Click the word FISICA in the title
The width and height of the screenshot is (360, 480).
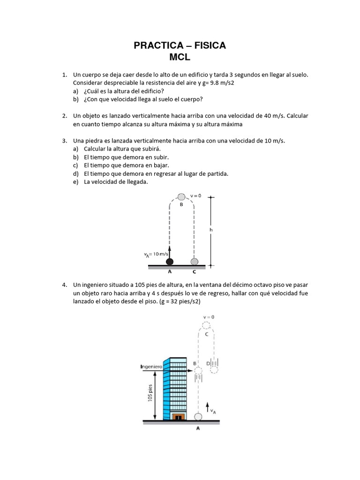(208, 45)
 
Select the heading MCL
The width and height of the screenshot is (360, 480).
(180, 57)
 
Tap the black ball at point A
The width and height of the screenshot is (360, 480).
(170, 261)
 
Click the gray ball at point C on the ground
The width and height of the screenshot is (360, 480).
(194, 261)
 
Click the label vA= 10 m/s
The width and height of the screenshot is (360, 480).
(156, 254)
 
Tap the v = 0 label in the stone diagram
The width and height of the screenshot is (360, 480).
(195, 195)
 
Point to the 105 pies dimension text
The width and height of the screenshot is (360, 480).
(150, 392)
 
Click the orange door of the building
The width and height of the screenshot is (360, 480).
(178, 416)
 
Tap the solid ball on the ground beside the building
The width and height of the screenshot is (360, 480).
(198, 416)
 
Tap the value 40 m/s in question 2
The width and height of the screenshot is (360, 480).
(274, 115)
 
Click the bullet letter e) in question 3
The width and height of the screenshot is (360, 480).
(75, 182)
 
